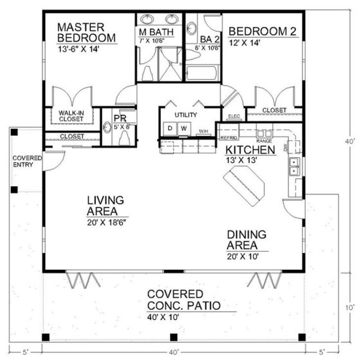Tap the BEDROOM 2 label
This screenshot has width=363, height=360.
pos(256,31)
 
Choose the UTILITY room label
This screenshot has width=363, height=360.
pos(186,114)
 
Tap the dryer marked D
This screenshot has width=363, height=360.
pos(170,129)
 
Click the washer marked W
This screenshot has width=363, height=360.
pos(183,129)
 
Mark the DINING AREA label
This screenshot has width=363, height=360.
pos(248,240)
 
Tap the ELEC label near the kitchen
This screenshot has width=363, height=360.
pos(234,117)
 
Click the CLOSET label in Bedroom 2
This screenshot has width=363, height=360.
pos(275,110)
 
